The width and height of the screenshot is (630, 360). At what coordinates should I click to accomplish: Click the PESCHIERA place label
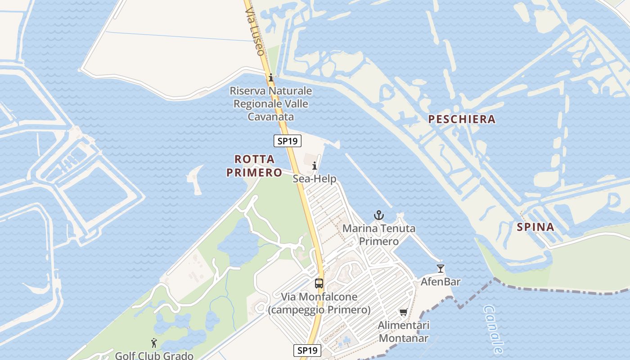(x=462, y=119)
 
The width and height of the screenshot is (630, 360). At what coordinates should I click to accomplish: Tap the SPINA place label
(x=535, y=227)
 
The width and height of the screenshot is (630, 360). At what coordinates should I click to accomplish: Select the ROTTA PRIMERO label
(x=254, y=166)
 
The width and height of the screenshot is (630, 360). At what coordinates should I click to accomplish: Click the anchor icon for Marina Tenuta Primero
(x=379, y=215)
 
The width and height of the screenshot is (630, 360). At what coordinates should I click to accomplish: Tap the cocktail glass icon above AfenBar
(x=440, y=269)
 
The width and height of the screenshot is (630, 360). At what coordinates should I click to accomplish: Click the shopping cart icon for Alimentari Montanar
(x=403, y=312)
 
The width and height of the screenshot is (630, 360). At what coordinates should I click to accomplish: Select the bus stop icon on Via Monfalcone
(x=319, y=283)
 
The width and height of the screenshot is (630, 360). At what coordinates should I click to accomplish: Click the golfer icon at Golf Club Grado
(x=154, y=343)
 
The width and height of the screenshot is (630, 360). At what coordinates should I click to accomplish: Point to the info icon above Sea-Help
(x=315, y=166)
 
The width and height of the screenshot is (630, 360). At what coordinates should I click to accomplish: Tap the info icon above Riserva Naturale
(x=270, y=77)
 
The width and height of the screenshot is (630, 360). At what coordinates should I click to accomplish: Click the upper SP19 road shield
(x=287, y=141)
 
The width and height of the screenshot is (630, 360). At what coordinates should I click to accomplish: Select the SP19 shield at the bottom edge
(x=308, y=350)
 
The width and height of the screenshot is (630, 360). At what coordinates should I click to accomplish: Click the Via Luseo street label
(x=255, y=31)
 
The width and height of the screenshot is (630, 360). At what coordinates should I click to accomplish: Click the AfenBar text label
(x=441, y=282)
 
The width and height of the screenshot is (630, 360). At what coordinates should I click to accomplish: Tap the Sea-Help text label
(x=315, y=179)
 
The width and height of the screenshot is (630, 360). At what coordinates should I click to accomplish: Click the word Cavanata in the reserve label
(x=270, y=117)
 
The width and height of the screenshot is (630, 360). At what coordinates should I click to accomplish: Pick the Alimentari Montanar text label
(x=404, y=331)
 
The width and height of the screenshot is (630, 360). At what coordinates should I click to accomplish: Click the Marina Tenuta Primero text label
(x=379, y=235)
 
